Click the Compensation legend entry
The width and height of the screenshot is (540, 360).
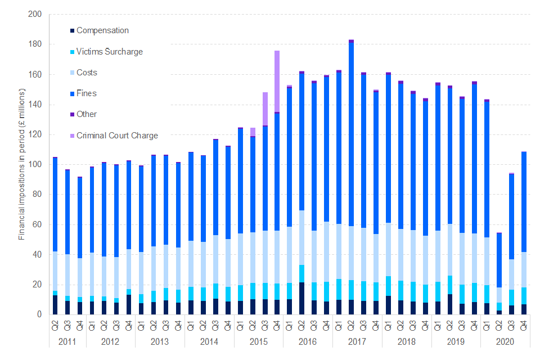[102, 30]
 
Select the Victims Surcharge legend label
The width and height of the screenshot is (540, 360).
[109, 52]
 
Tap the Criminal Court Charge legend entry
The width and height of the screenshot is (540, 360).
[117, 136]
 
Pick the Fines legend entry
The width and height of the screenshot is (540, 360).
[86, 93]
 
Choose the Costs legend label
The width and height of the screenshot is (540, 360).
[87, 73]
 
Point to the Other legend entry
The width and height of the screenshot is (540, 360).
[87, 114]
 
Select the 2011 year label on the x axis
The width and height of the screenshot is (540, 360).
[67, 342]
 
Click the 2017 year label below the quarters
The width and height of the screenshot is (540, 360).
[357, 342]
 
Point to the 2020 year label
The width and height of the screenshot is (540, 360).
[505, 342]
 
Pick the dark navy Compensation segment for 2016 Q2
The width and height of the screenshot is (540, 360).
[301, 298]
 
